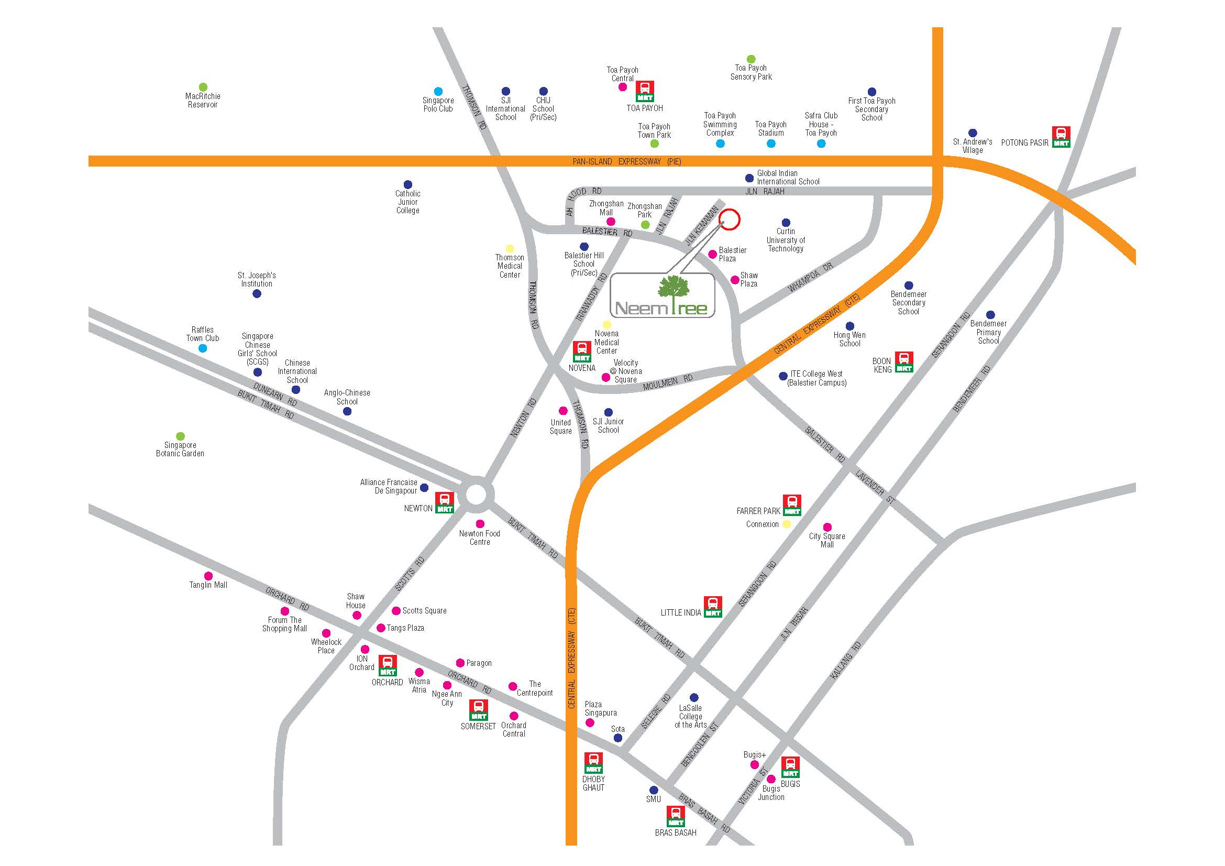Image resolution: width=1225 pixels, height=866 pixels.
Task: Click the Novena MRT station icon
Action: click(x=581, y=352)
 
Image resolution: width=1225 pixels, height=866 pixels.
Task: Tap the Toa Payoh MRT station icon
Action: click(x=645, y=91)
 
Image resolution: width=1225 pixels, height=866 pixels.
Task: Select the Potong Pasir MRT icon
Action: click(x=1061, y=137)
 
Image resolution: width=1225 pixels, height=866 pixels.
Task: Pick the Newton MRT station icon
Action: click(x=445, y=502)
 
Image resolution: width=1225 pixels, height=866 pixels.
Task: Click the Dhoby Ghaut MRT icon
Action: click(x=593, y=763)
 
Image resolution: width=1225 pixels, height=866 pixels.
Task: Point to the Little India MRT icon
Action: click(x=713, y=607)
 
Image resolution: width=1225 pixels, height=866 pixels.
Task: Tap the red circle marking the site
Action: click(x=730, y=219)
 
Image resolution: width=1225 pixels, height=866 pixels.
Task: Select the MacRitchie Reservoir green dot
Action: click(x=203, y=87)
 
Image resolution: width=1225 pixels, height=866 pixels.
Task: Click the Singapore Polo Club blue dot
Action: click(x=438, y=91)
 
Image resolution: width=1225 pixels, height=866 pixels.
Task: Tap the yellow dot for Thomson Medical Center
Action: click(x=510, y=249)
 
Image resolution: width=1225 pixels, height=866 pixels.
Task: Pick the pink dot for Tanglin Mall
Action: click(x=208, y=576)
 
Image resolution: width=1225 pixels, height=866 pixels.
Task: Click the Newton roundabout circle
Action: click(x=476, y=495)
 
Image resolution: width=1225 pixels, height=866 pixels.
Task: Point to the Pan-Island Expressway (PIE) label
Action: click(x=626, y=161)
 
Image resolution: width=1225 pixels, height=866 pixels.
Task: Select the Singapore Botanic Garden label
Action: click(x=180, y=450)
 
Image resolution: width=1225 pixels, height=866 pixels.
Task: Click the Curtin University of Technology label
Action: click(x=786, y=240)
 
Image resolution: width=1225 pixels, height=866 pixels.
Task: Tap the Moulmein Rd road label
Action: click(x=667, y=382)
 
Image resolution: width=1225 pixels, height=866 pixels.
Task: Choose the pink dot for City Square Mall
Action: click(x=827, y=527)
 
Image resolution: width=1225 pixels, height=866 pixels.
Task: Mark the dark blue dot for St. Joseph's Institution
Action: click(x=257, y=294)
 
